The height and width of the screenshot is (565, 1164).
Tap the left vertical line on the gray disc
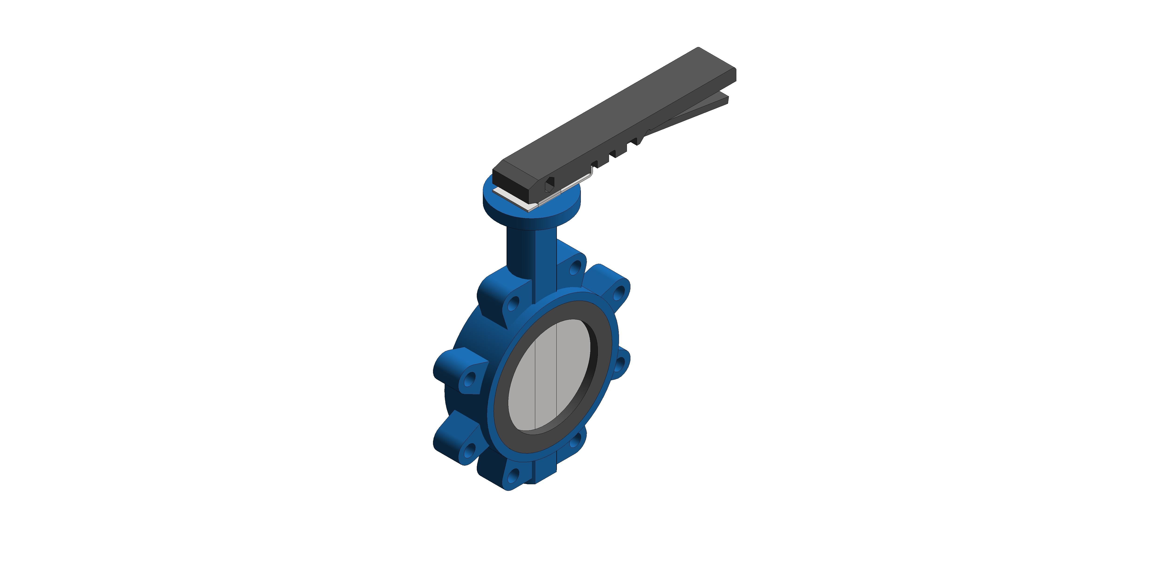coord(535,384)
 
